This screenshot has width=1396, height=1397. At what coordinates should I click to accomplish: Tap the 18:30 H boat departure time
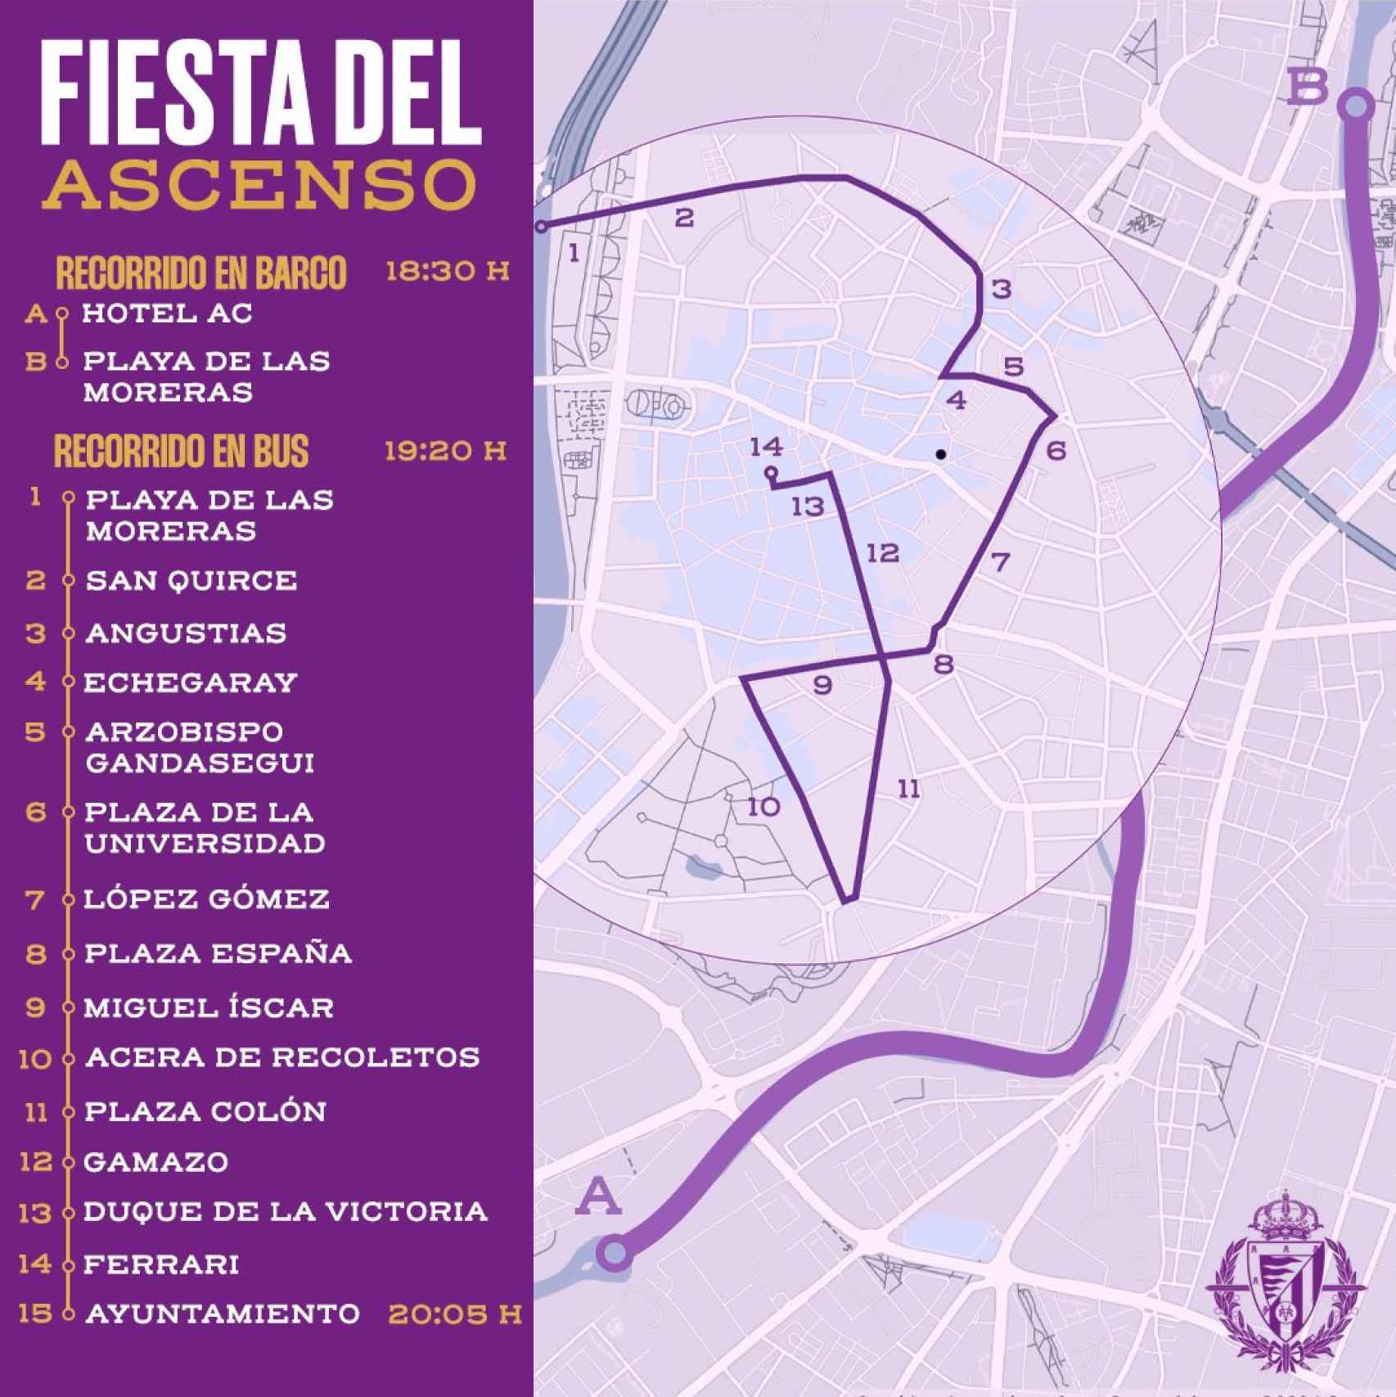tap(447, 271)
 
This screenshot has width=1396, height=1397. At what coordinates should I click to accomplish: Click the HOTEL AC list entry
tap(168, 313)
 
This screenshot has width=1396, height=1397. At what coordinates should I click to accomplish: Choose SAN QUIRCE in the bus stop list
tap(191, 580)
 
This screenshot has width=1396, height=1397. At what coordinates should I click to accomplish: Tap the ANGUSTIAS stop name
tap(186, 633)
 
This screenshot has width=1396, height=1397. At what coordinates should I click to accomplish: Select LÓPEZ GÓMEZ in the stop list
tap(207, 899)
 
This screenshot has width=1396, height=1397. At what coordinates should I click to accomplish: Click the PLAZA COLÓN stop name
tap(205, 1111)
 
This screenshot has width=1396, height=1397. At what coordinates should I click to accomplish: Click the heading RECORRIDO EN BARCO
tap(201, 273)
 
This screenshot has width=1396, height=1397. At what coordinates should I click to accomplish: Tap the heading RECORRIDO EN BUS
tap(182, 451)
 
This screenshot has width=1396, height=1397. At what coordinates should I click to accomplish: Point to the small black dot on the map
tap(941, 453)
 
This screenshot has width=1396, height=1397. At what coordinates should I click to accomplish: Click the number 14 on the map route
tap(766, 447)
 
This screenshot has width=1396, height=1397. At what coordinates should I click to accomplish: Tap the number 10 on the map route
tap(763, 807)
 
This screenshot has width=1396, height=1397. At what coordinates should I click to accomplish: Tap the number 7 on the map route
tap(999, 562)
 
